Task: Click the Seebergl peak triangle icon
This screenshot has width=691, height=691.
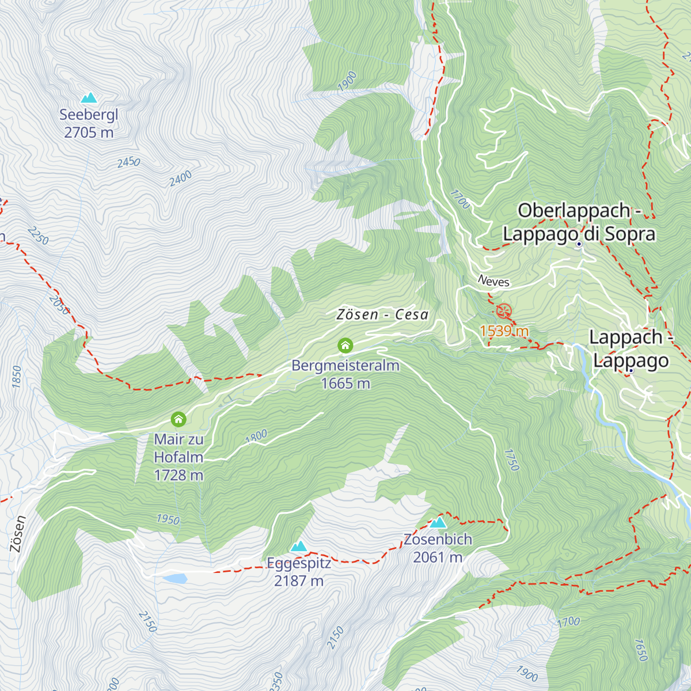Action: tap(89, 98)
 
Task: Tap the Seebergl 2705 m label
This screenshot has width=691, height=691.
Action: tap(89, 123)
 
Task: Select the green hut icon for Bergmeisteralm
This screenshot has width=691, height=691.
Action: tap(345, 345)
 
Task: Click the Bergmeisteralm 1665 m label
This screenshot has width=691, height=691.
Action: tap(345, 374)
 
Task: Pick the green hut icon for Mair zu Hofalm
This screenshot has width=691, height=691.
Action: tap(179, 419)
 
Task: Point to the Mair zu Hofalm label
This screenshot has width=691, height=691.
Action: tap(179, 457)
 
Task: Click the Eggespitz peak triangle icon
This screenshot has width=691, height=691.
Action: tap(298, 546)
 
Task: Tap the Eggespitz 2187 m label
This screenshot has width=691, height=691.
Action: tap(298, 571)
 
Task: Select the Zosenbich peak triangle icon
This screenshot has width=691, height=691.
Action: tap(438, 522)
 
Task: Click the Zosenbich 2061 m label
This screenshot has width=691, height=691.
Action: tap(438, 548)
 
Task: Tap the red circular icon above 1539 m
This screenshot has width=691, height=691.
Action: tap(504, 312)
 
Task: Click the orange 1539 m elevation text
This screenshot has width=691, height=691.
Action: tap(504, 331)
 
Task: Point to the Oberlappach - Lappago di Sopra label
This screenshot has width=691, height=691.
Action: tap(579, 222)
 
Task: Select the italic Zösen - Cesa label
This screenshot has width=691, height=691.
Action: tap(382, 314)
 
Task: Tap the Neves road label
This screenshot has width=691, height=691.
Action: tap(494, 281)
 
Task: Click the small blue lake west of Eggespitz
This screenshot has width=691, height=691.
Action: tap(175, 578)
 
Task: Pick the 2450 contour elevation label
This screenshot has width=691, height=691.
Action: tap(128, 162)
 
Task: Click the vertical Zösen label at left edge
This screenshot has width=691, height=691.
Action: tap(18, 534)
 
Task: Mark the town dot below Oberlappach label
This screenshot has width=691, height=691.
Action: tap(579, 244)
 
